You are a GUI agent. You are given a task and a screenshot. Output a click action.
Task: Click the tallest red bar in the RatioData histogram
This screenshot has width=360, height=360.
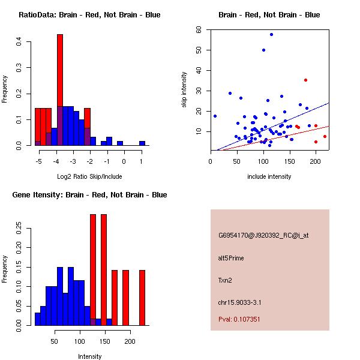pos(60,90)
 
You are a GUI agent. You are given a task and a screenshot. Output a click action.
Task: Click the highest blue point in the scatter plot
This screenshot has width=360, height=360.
pos(271,35)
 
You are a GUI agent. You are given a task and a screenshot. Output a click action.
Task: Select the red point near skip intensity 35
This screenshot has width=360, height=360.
pos(305,80)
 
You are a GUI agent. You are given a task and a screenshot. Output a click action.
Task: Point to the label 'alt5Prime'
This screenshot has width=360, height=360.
pos(231,258)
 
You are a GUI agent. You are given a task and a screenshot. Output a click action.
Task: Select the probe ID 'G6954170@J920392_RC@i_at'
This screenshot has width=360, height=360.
pos(263,236)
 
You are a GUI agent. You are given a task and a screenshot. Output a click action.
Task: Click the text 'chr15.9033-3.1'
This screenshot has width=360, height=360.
pos(239,302)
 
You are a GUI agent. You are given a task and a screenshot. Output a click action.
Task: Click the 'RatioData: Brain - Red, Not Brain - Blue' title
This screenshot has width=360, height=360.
pos(89,15)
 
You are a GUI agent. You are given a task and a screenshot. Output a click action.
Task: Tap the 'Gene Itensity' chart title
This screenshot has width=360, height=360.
pos(89,195)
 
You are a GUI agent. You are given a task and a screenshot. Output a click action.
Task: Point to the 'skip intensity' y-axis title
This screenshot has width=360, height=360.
pos(185,90)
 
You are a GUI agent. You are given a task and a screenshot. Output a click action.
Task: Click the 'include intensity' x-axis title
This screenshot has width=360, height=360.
pos(269,176)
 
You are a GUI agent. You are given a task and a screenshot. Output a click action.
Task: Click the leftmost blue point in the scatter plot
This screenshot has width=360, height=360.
pos(215,116)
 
